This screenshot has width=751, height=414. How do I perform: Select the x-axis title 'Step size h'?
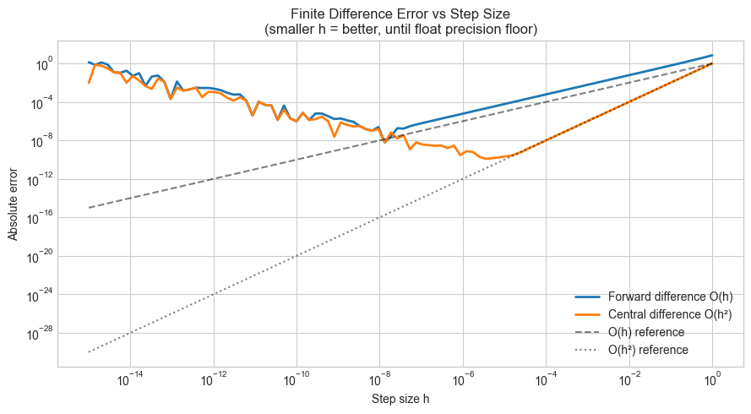400,399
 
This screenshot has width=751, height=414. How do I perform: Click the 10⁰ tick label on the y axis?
43,63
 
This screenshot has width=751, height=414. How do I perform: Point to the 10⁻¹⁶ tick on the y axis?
40,217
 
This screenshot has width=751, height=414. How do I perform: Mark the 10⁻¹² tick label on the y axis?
40,179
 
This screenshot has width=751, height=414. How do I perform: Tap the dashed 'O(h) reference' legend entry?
646,332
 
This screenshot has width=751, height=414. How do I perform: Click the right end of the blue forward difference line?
712,55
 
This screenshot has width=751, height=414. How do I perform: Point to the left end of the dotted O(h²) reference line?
89,351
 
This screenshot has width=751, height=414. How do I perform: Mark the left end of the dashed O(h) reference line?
89,208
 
